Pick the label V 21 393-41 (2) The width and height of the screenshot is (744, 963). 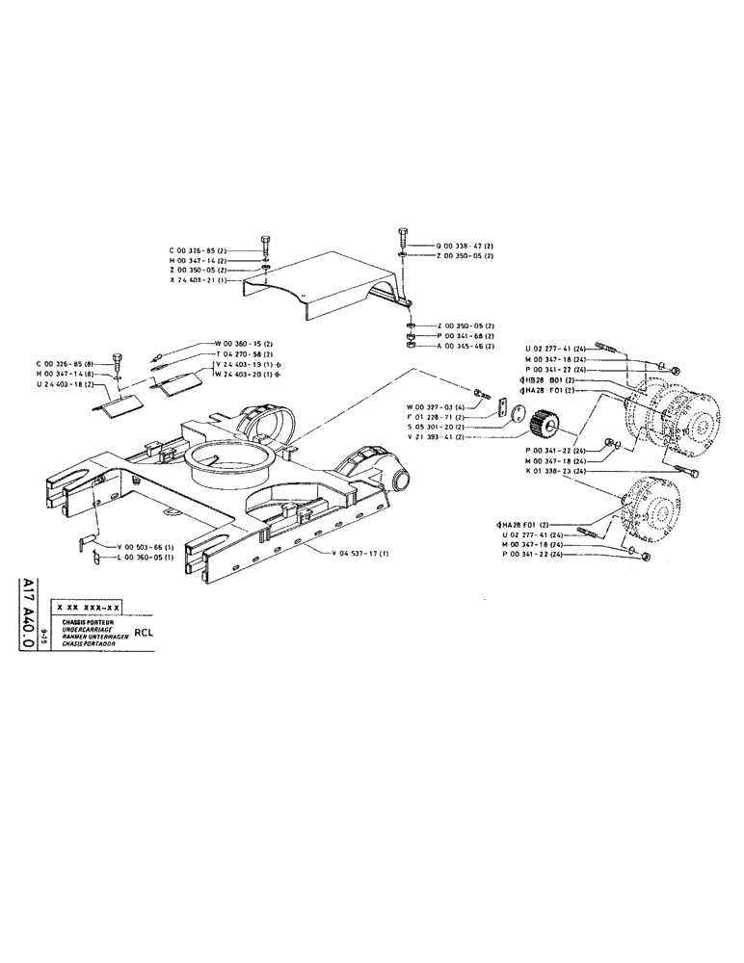tap(435, 436)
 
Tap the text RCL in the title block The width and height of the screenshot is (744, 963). tap(144, 633)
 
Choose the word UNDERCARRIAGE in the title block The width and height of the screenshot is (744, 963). tap(88, 629)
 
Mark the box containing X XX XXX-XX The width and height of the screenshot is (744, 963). tap(89, 609)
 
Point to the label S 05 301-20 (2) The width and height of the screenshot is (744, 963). tap(435, 426)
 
